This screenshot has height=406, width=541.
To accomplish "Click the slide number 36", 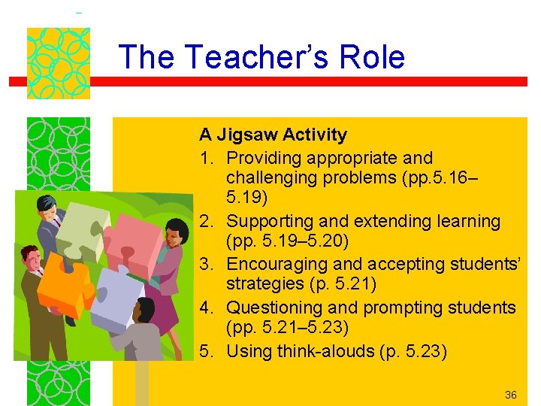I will tap(511, 395).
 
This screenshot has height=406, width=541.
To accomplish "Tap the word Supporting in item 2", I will tap(267, 221).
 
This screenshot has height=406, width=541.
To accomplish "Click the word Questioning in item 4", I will tap(271, 308).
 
